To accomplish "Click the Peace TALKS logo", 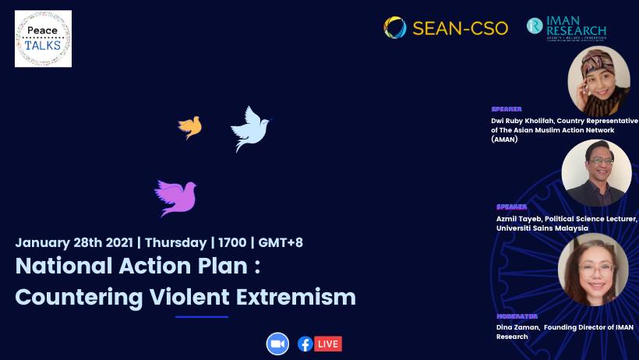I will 43,38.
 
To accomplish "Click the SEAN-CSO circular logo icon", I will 395,27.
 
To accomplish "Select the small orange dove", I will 189,126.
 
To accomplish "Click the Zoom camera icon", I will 277,344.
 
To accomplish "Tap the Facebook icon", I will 305,344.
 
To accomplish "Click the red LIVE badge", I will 328,344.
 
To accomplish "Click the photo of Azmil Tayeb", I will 596,173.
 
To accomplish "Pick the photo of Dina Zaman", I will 593,269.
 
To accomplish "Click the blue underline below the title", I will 202,316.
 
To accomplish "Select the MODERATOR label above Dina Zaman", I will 517,316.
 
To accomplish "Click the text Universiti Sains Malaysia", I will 542,228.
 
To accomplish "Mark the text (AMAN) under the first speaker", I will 504,139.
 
